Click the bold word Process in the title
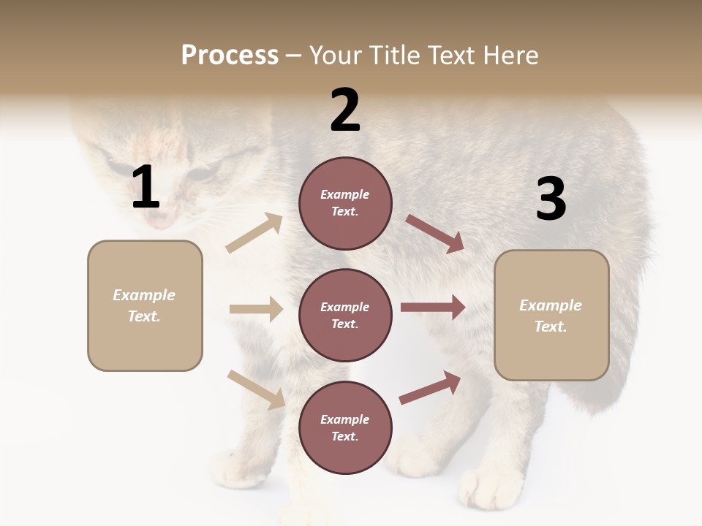(230, 56)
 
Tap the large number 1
(146, 188)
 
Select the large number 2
(345, 110)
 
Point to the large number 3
(551, 199)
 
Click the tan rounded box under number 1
(145, 305)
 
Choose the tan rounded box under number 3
(551, 315)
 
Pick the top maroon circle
(345, 203)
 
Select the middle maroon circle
(345, 315)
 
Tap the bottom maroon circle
(345, 427)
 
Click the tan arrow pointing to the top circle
(254, 233)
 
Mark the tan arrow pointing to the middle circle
(255, 309)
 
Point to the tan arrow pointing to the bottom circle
(256, 389)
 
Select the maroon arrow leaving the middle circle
(433, 308)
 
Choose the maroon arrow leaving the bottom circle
(431, 387)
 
